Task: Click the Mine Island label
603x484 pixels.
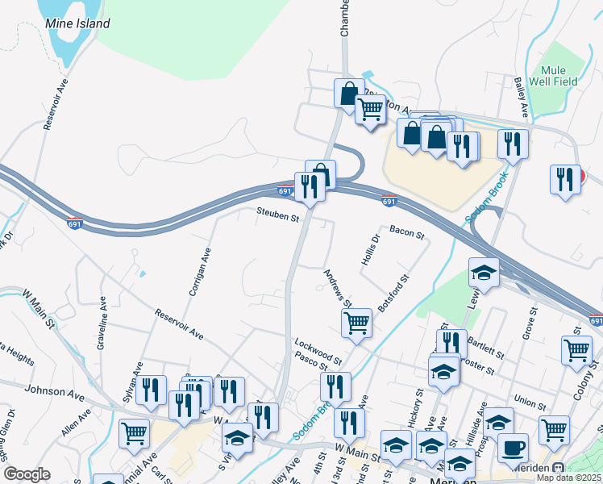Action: point(77,23)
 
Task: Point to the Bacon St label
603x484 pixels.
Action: point(406,233)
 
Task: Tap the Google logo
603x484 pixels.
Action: point(27,474)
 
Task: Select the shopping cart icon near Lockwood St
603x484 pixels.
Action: point(356,322)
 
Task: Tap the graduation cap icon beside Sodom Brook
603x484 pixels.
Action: point(484,273)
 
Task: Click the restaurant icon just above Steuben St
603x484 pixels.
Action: point(310,186)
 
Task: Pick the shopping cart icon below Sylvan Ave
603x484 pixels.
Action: point(134,432)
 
